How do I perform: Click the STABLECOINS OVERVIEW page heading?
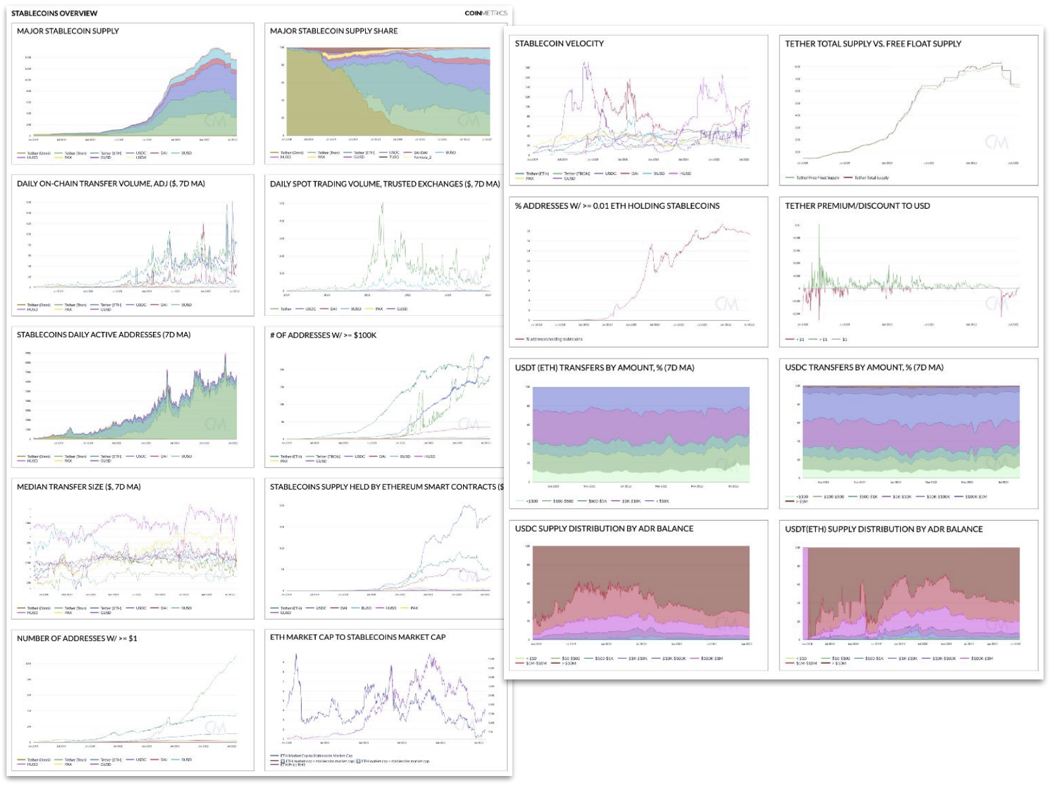(x=54, y=13)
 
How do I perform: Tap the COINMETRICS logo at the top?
(x=486, y=13)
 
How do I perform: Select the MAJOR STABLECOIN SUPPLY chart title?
(x=68, y=31)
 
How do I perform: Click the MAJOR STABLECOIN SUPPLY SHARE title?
(x=333, y=31)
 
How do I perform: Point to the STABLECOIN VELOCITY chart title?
(x=559, y=43)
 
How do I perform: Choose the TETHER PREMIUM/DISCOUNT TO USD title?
(x=857, y=206)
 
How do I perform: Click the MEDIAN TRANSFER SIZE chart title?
(x=78, y=487)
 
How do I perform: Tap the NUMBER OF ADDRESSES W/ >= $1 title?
(x=77, y=639)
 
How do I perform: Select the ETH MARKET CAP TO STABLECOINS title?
(x=357, y=637)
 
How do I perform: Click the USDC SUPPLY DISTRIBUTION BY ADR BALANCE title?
(x=604, y=528)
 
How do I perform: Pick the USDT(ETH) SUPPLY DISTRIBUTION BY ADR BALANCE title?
(x=883, y=529)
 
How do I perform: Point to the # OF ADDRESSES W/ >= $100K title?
(x=323, y=335)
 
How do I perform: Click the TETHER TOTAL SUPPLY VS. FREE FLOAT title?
(x=873, y=43)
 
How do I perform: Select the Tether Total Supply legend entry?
(x=871, y=178)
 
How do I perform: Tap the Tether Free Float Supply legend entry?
(x=817, y=178)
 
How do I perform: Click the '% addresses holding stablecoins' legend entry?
(x=554, y=339)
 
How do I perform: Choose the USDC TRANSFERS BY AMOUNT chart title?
(x=864, y=367)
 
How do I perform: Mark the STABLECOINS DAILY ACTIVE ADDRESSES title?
(x=104, y=335)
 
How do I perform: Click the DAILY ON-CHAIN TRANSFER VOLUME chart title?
(x=111, y=183)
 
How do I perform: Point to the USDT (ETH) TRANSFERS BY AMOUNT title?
(x=604, y=368)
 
